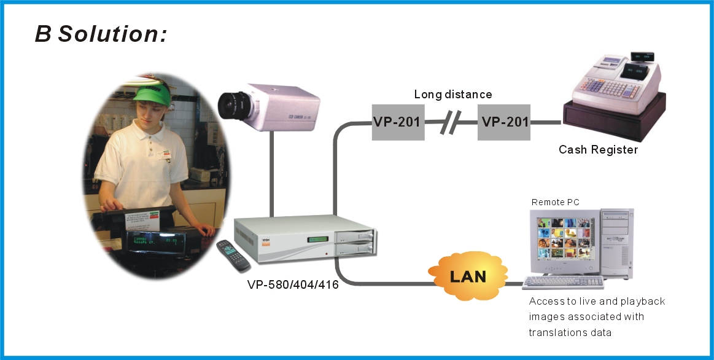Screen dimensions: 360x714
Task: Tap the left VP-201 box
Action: click(397, 122)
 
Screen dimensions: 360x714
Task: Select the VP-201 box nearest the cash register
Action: click(505, 122)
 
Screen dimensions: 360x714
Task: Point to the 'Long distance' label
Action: click(453, 95)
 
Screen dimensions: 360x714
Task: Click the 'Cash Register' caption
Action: click(598, 149)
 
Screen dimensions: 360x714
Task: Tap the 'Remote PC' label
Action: click(555, 202)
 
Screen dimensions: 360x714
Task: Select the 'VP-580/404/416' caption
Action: click(293, 284)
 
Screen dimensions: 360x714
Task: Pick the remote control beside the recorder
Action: click(233, 256)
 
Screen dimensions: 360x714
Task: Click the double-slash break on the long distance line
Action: click(449, 123)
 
